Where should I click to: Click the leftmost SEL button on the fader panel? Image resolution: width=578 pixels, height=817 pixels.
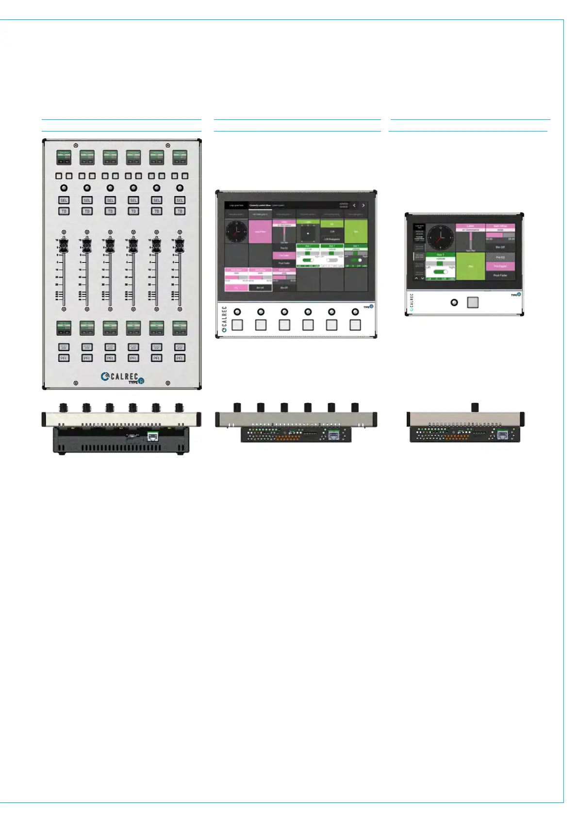[64, 200]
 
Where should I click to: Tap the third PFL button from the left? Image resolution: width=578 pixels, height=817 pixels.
[110, 358]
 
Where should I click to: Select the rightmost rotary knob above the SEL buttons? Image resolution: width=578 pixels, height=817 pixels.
[180, 188]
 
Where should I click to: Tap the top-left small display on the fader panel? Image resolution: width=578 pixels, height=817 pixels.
[64, 157]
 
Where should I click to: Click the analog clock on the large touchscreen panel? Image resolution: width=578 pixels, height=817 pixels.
[236, 231]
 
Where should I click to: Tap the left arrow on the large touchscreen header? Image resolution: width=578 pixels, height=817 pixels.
[354, 206]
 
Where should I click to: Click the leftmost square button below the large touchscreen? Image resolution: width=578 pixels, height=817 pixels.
[237, 325]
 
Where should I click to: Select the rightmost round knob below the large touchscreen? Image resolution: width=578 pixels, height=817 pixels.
[355, 312]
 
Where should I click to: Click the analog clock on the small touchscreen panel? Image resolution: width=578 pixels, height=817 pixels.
[441, 238]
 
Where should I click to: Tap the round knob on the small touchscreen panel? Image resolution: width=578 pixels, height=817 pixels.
[454, 302]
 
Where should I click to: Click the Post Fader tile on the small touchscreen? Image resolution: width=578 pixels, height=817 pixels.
[500, 275]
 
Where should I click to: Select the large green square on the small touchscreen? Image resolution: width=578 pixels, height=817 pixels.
[470, 266]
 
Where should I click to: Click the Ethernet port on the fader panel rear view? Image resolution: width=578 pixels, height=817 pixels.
[152, 436]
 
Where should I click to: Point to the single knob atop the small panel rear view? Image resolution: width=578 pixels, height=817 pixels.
[475, 407]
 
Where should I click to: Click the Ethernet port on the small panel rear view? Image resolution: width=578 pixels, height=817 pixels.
[502, 435]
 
